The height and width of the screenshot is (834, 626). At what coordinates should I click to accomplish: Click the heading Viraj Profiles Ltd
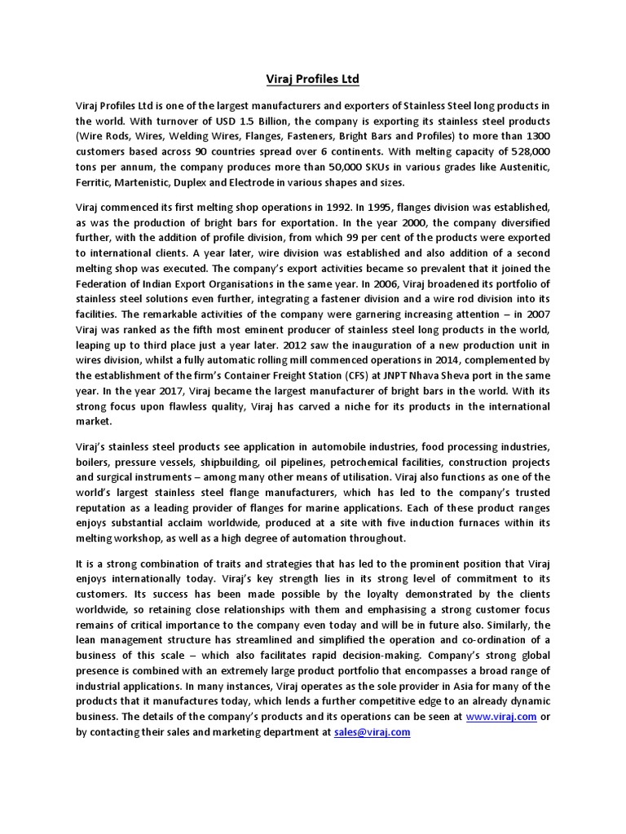point(313,79)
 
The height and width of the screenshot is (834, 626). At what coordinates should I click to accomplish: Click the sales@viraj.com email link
point(372,732)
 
